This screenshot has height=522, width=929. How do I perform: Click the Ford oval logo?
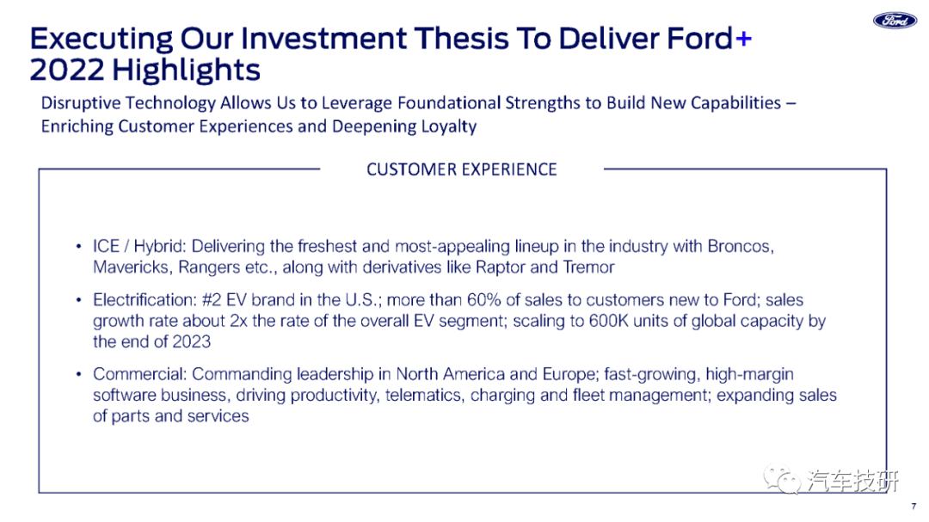[895, 20]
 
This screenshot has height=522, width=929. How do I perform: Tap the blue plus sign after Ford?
[743, 39]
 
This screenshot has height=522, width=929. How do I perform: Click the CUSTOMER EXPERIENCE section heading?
[462, 169]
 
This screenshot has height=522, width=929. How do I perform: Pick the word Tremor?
[588, 267]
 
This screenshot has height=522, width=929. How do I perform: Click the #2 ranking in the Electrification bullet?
[212, 299]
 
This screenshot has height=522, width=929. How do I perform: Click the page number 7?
[914, 507]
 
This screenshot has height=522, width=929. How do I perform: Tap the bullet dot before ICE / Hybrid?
[78, 246]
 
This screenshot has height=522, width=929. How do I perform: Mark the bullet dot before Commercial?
[78, 374]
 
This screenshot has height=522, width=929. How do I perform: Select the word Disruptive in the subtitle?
[81, 103]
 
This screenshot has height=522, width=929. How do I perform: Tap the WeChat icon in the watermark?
[781, 479]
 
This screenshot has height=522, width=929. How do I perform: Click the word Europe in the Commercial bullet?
[569, 374]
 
